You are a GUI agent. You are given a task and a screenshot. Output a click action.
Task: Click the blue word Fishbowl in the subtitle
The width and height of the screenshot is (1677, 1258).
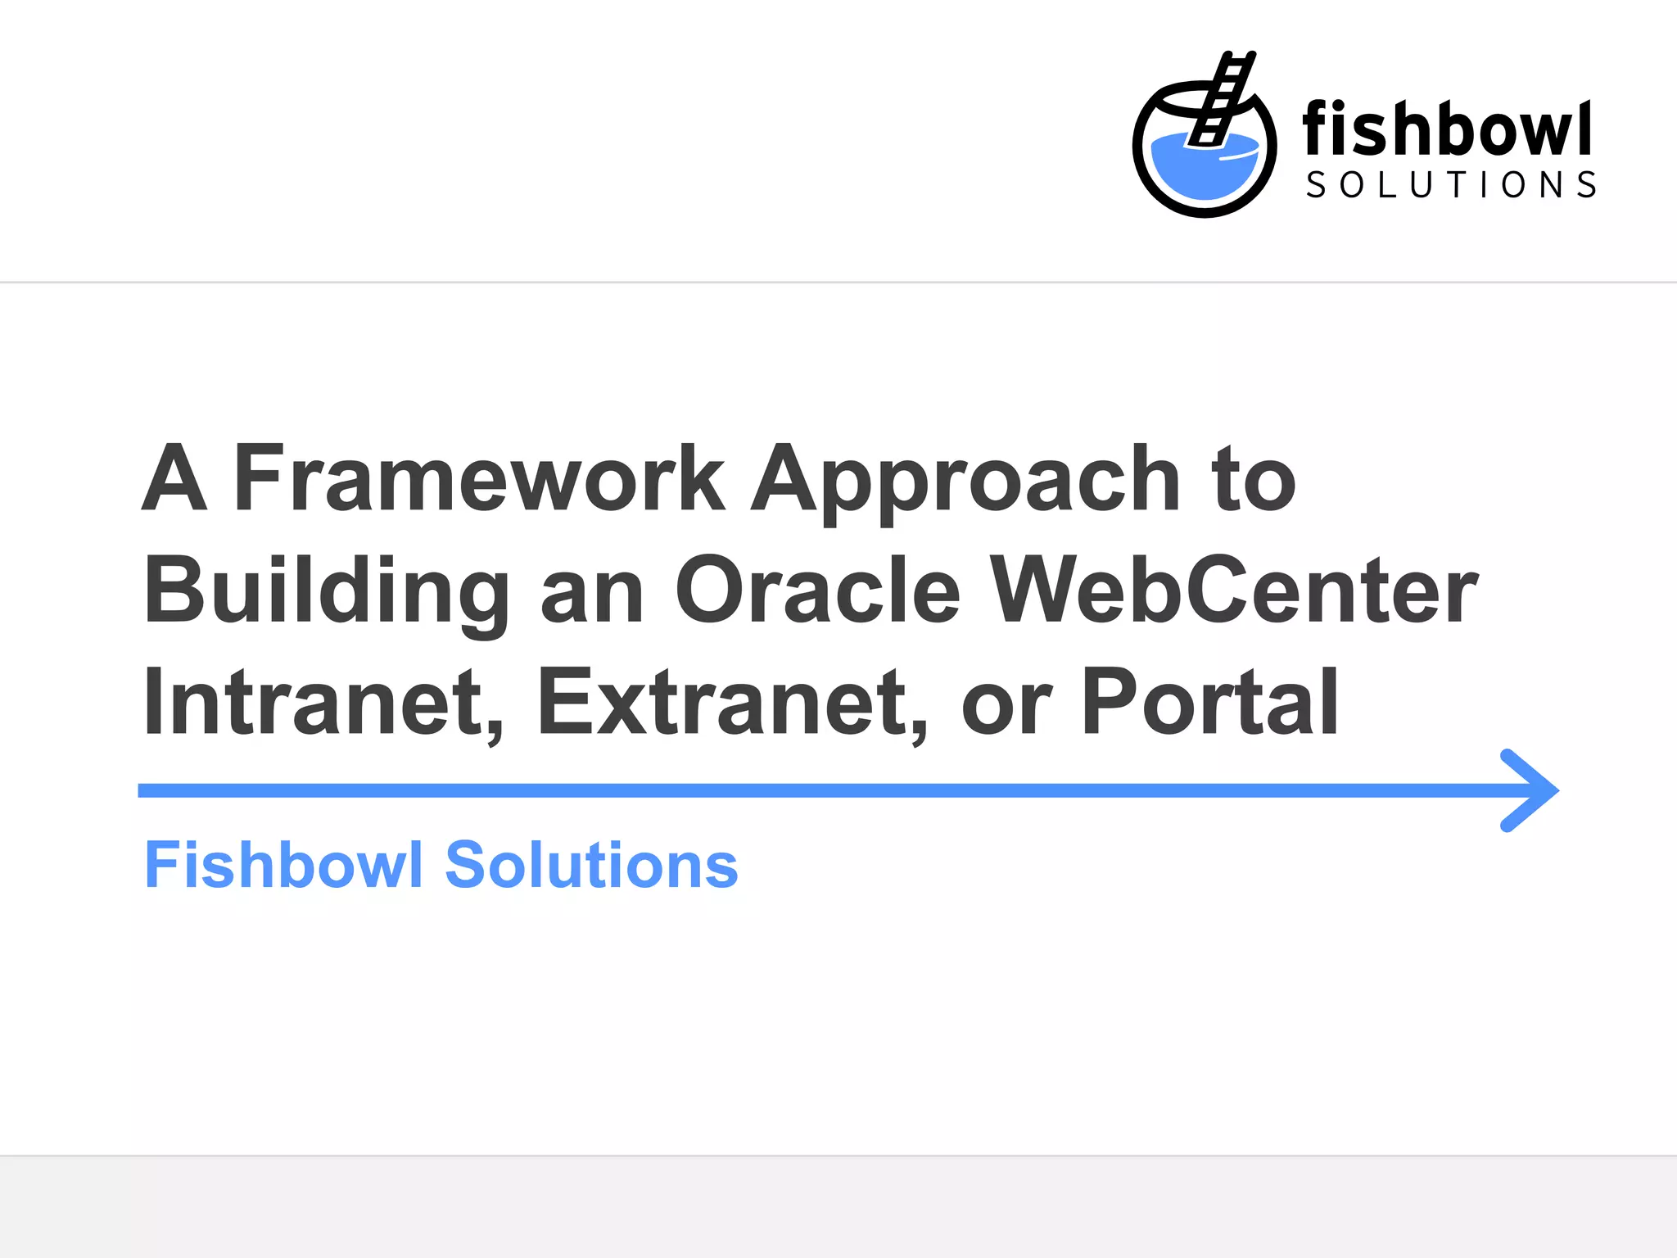(x=283, y=865)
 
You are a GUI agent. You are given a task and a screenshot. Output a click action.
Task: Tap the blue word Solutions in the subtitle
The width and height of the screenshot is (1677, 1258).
(x=591, y=865)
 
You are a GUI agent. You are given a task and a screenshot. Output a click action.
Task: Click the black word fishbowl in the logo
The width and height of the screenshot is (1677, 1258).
(x=1446, y=129)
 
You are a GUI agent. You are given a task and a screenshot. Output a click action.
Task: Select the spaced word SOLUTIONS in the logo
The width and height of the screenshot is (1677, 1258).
(x=1451, y=185)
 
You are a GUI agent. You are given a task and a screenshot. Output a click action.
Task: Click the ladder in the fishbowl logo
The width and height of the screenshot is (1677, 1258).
(x=1222, y=98)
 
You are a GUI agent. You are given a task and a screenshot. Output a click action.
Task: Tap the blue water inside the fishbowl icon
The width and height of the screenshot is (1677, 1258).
(x=1204, y=169)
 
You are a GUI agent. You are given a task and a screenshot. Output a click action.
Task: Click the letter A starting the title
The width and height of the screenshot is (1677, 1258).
(x=174, y=478)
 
